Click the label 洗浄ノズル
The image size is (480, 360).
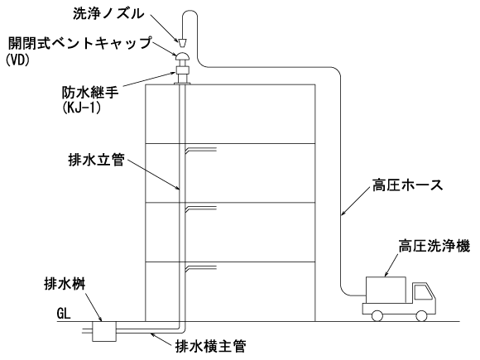[108, 14]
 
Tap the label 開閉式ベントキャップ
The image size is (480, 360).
[80, 43]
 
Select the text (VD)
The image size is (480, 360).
[17, 60]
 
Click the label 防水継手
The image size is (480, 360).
[90, 92]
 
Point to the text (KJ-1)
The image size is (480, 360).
[81, 108]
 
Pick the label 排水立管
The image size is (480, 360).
[97, 160]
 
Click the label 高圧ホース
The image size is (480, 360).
[408, 185]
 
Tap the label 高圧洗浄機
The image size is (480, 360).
[434, 247]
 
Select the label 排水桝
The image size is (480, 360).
[65, 285]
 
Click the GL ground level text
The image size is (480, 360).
[64, 313]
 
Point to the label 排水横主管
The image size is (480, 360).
[211, 346]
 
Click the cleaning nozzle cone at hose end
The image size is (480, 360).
[182, 43]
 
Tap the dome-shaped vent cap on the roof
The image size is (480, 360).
[182, 56]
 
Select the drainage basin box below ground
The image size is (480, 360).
[104, 332]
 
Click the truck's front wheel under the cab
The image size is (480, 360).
[421, 316]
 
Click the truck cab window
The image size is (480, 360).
[423, 292]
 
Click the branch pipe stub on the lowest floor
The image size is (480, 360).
[201, 268]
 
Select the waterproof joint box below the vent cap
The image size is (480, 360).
[182, 70]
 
